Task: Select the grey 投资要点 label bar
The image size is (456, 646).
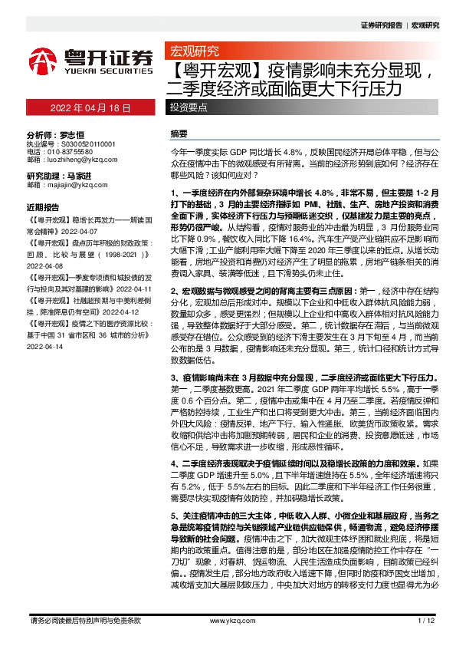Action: coord(189,109)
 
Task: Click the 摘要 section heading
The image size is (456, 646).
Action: coord(178,133)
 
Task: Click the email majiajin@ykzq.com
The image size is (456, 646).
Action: coord(73,185)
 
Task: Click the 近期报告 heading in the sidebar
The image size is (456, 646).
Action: coord(43,207)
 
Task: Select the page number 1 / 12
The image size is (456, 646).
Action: coord(426,620)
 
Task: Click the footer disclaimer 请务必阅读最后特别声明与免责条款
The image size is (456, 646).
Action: coord(84,620)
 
